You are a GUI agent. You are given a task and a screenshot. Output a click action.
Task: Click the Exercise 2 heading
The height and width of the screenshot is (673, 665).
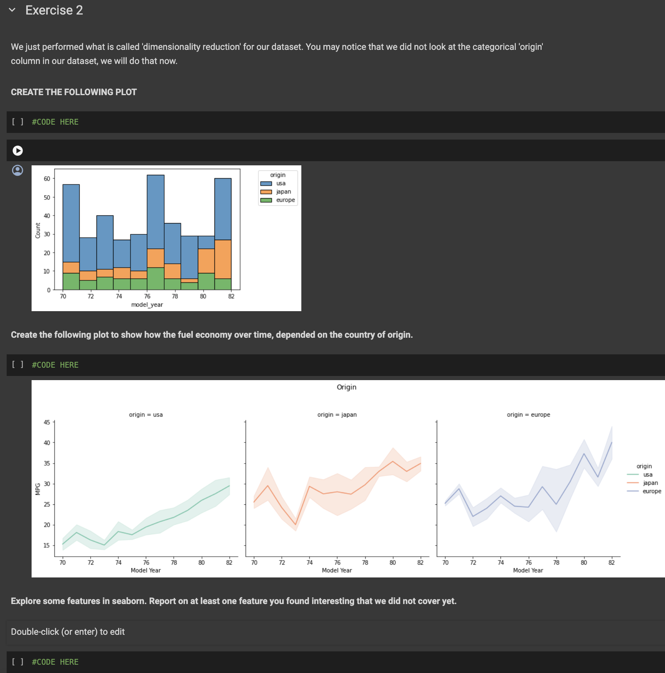click(x=54, y=10)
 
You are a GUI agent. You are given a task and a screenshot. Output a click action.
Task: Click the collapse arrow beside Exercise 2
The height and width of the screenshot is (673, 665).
click(x=12, y=10)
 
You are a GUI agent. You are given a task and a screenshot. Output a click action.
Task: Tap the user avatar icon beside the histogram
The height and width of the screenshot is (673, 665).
click(x=17, y=170)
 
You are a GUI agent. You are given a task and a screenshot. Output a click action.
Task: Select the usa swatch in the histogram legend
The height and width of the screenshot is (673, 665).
click(x=266, y=184)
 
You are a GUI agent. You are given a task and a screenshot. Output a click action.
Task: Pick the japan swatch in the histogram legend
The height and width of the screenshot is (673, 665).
click(x=266, y=192)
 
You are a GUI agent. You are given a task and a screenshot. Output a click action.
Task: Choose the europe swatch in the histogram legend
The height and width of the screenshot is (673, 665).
click(x=266, y=200)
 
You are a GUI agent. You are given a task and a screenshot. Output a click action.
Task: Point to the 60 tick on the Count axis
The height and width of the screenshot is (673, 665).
click(x=47, y=179)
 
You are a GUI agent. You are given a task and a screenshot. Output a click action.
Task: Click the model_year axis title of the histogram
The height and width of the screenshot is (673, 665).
click(x=147, y=305)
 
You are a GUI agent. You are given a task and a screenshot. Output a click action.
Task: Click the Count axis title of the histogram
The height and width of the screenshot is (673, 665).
click(x=38, y=231)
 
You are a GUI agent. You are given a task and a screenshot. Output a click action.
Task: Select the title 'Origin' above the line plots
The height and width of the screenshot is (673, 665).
click(x=346, y=387)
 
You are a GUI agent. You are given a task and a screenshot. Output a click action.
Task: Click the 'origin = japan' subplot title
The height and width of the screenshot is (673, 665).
click(x=337, y=415)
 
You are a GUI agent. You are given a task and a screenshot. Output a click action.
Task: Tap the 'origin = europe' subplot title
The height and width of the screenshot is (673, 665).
click(x=528, y=415)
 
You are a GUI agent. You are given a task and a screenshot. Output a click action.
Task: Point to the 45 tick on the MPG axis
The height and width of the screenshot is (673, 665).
click(x=47, y=422)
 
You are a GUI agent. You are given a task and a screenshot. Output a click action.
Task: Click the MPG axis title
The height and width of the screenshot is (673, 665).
click(x=38, y=489)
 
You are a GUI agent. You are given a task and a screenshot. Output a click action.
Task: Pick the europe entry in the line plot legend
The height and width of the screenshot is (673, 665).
click(x=651, y=491)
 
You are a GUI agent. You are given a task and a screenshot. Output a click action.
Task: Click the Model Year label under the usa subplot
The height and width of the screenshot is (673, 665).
click(x=145, y=570)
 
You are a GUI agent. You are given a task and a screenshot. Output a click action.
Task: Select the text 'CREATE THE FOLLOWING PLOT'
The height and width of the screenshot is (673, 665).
click(x=74, y=92)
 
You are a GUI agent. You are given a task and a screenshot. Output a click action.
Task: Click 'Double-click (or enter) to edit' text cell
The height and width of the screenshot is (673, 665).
click(x=68, y=632)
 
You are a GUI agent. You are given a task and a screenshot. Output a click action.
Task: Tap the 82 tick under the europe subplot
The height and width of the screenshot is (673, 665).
click(x=611, y=562)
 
